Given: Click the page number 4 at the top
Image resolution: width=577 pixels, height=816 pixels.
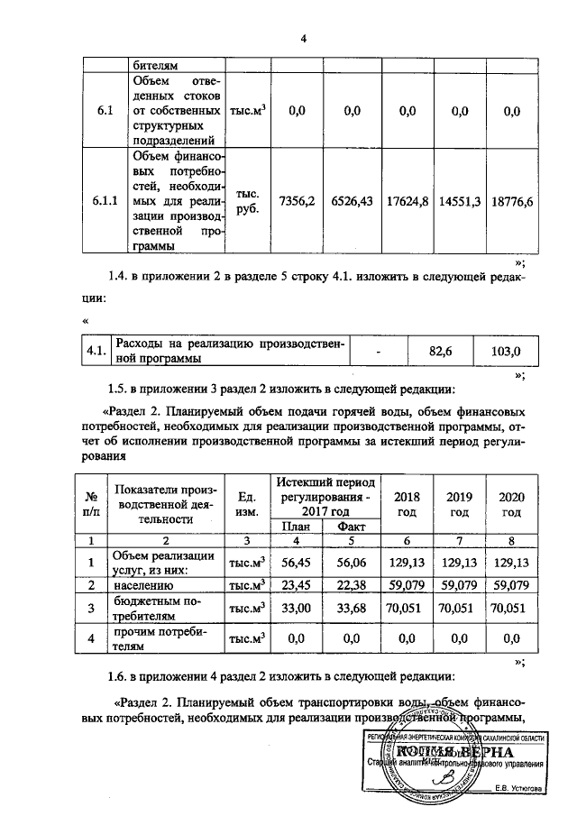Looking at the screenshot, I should (304, 39).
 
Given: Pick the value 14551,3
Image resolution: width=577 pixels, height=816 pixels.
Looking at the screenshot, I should (460, 200).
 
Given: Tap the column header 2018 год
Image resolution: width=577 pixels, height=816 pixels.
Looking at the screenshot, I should (408, 505).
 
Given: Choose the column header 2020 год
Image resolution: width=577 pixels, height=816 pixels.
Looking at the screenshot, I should (512, 505).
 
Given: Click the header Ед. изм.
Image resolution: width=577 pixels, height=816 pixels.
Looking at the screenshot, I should (246, 505).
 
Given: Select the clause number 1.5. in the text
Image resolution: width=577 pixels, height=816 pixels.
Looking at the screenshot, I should (120, 390).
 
